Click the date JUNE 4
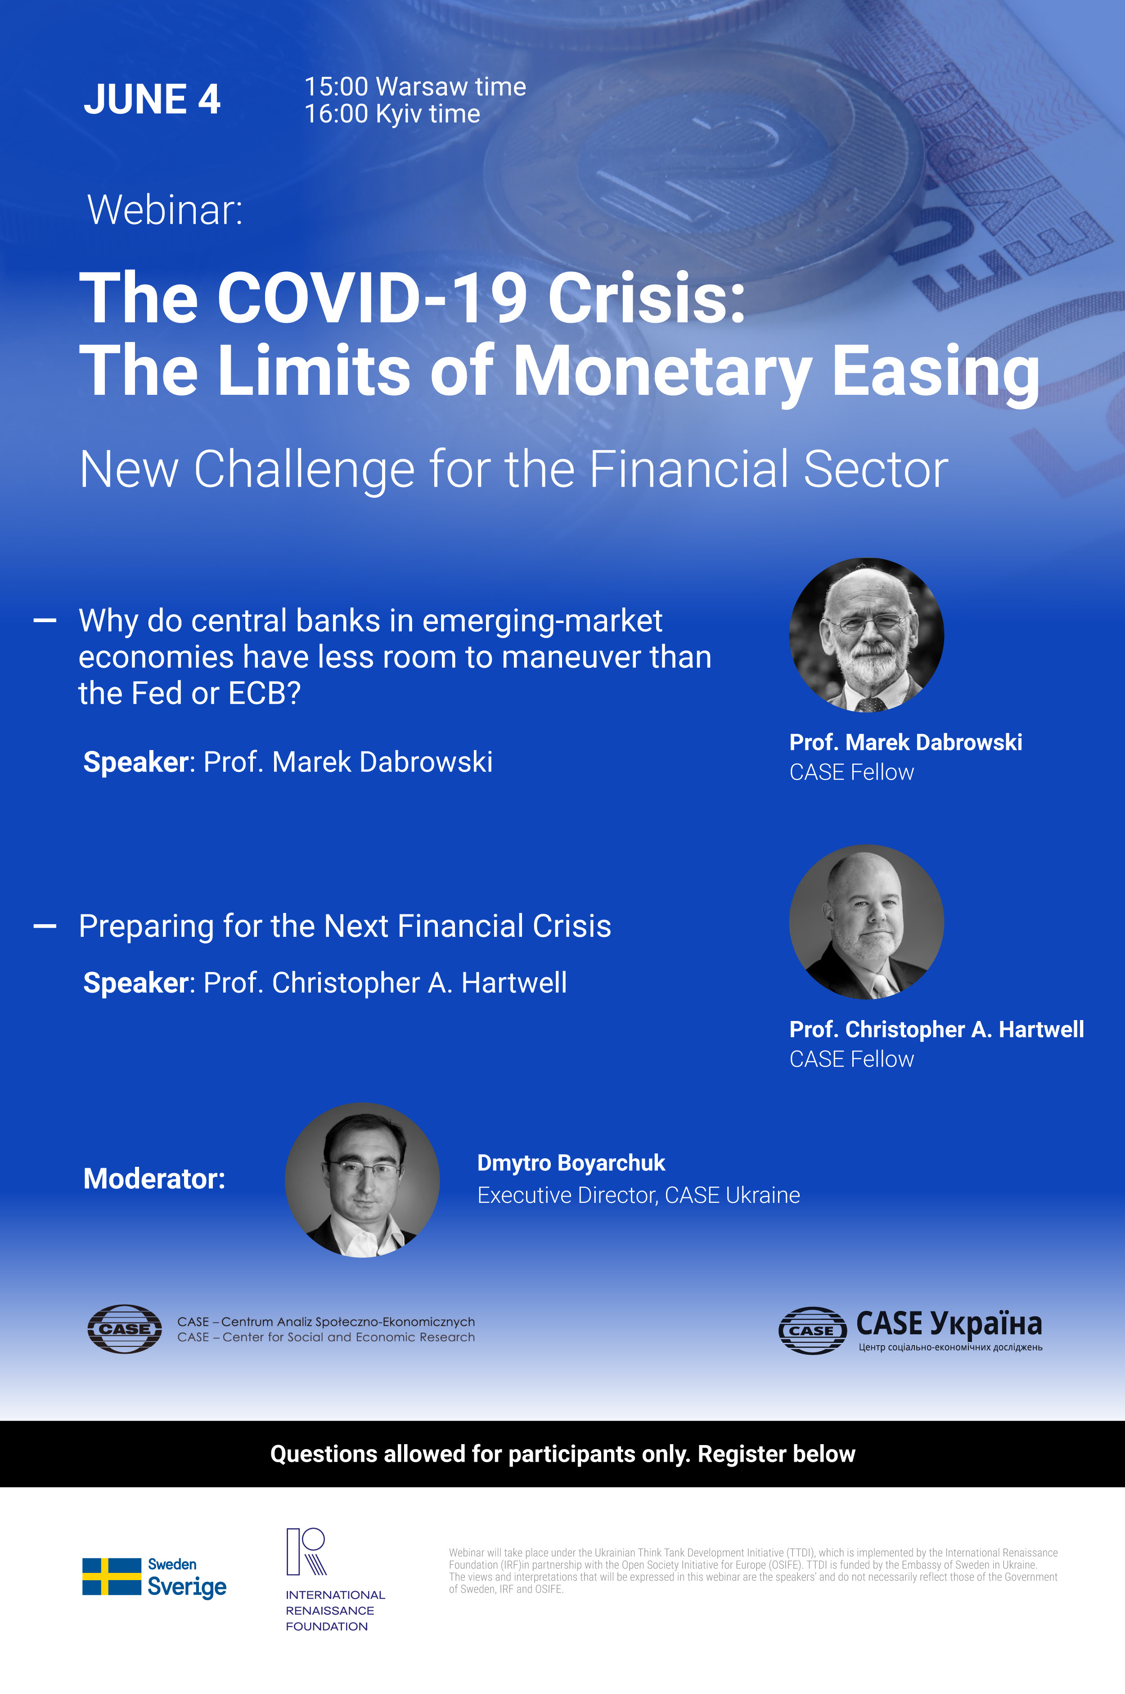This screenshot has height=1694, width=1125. tap(152, 99)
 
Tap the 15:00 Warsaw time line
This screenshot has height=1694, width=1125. tap(415, 87)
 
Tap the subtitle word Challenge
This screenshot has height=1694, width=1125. tap(304, 470)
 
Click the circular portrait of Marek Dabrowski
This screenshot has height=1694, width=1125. tap(866, 635)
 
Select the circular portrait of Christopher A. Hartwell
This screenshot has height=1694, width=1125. tap(866, 922)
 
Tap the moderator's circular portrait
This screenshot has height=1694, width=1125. tap(362, 1179)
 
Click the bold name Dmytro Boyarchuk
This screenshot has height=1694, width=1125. tap(571, 1163)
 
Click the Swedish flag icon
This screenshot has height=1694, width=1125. tap(112, 1577)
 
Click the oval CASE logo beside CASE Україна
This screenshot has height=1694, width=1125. tap(812, 1330)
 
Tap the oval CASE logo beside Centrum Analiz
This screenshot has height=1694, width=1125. tap(125, 1328)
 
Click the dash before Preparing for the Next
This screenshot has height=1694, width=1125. tap(45, 926)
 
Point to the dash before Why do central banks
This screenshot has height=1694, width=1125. tap(45, 620)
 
